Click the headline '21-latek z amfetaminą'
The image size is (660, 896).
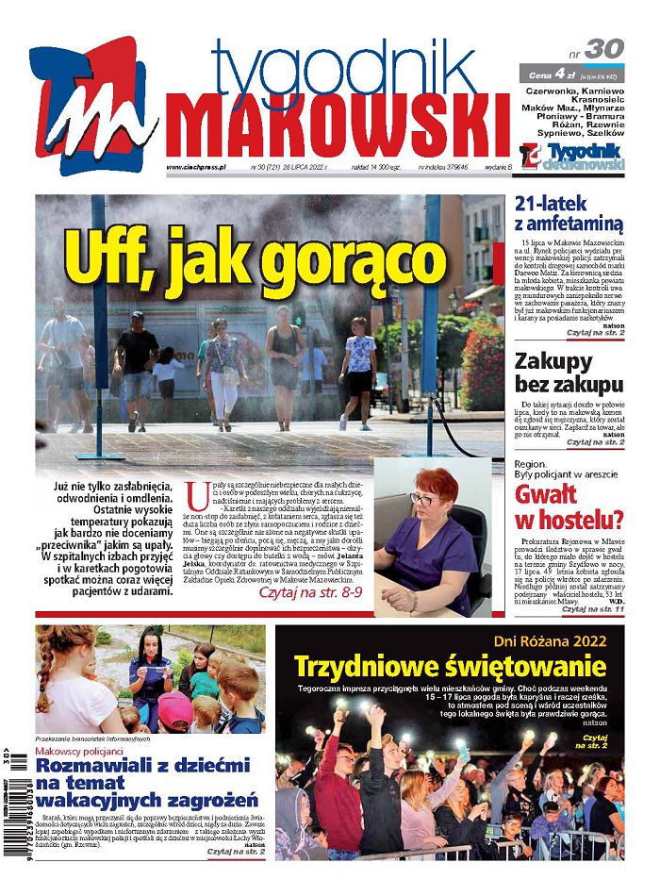[569, 213]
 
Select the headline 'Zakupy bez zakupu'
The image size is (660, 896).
[569, 372]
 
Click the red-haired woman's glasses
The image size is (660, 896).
[423, 498]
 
